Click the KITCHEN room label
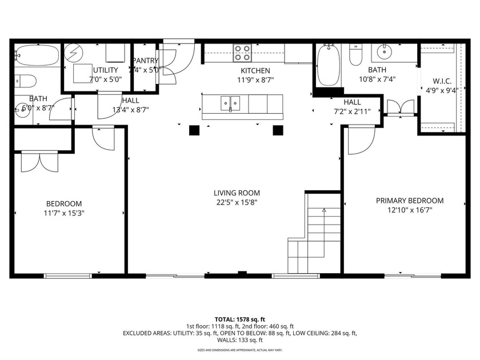pos(254,70)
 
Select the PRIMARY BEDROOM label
pos(409,201)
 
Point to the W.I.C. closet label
pos(442,81)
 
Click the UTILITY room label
pos(105,70)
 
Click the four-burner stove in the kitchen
pos(242,53)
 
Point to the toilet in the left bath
pos(25,79)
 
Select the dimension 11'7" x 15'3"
pos(63,213)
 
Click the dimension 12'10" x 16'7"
pos(409,210)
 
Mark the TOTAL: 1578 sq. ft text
pos(240,319)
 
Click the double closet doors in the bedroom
pos(39,161)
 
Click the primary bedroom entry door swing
pos(360,140)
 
